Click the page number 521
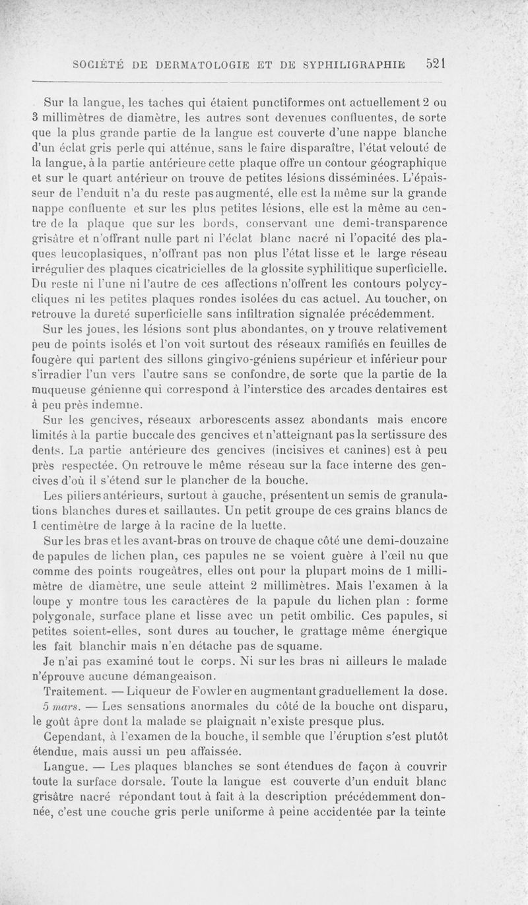(x=436, y=65)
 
